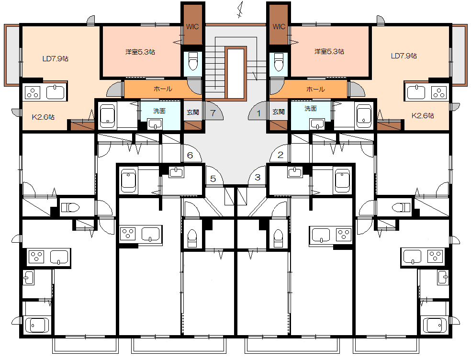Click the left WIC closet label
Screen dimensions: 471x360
tap(192, 26)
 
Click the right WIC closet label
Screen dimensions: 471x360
tap(279, 26)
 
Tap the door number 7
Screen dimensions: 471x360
tap(213, 113)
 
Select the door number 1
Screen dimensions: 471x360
tap(259, 113)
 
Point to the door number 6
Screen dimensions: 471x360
tap(190, 156)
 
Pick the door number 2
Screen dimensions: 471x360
tap(280, 155)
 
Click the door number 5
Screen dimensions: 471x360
tap(213, 179)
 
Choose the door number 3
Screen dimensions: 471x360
tap(258, 177)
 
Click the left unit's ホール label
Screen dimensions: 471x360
tap(163, 89)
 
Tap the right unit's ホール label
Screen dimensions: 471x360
tap(315, 89)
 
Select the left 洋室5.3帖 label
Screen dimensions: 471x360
tap(140, 52)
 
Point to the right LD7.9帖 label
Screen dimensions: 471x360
tap(404, 56)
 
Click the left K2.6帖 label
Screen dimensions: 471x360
tap(43, 117)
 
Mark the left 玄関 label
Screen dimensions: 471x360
tap(193, 112)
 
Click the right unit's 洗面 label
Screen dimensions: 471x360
tap(310, 108)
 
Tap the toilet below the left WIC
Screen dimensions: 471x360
tap(192, 61)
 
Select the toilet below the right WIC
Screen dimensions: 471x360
tap(279, 62)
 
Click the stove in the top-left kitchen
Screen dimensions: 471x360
tap(33, 92)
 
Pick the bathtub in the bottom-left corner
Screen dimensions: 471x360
tap(37, 326)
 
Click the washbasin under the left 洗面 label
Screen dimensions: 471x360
tap(155, 124)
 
